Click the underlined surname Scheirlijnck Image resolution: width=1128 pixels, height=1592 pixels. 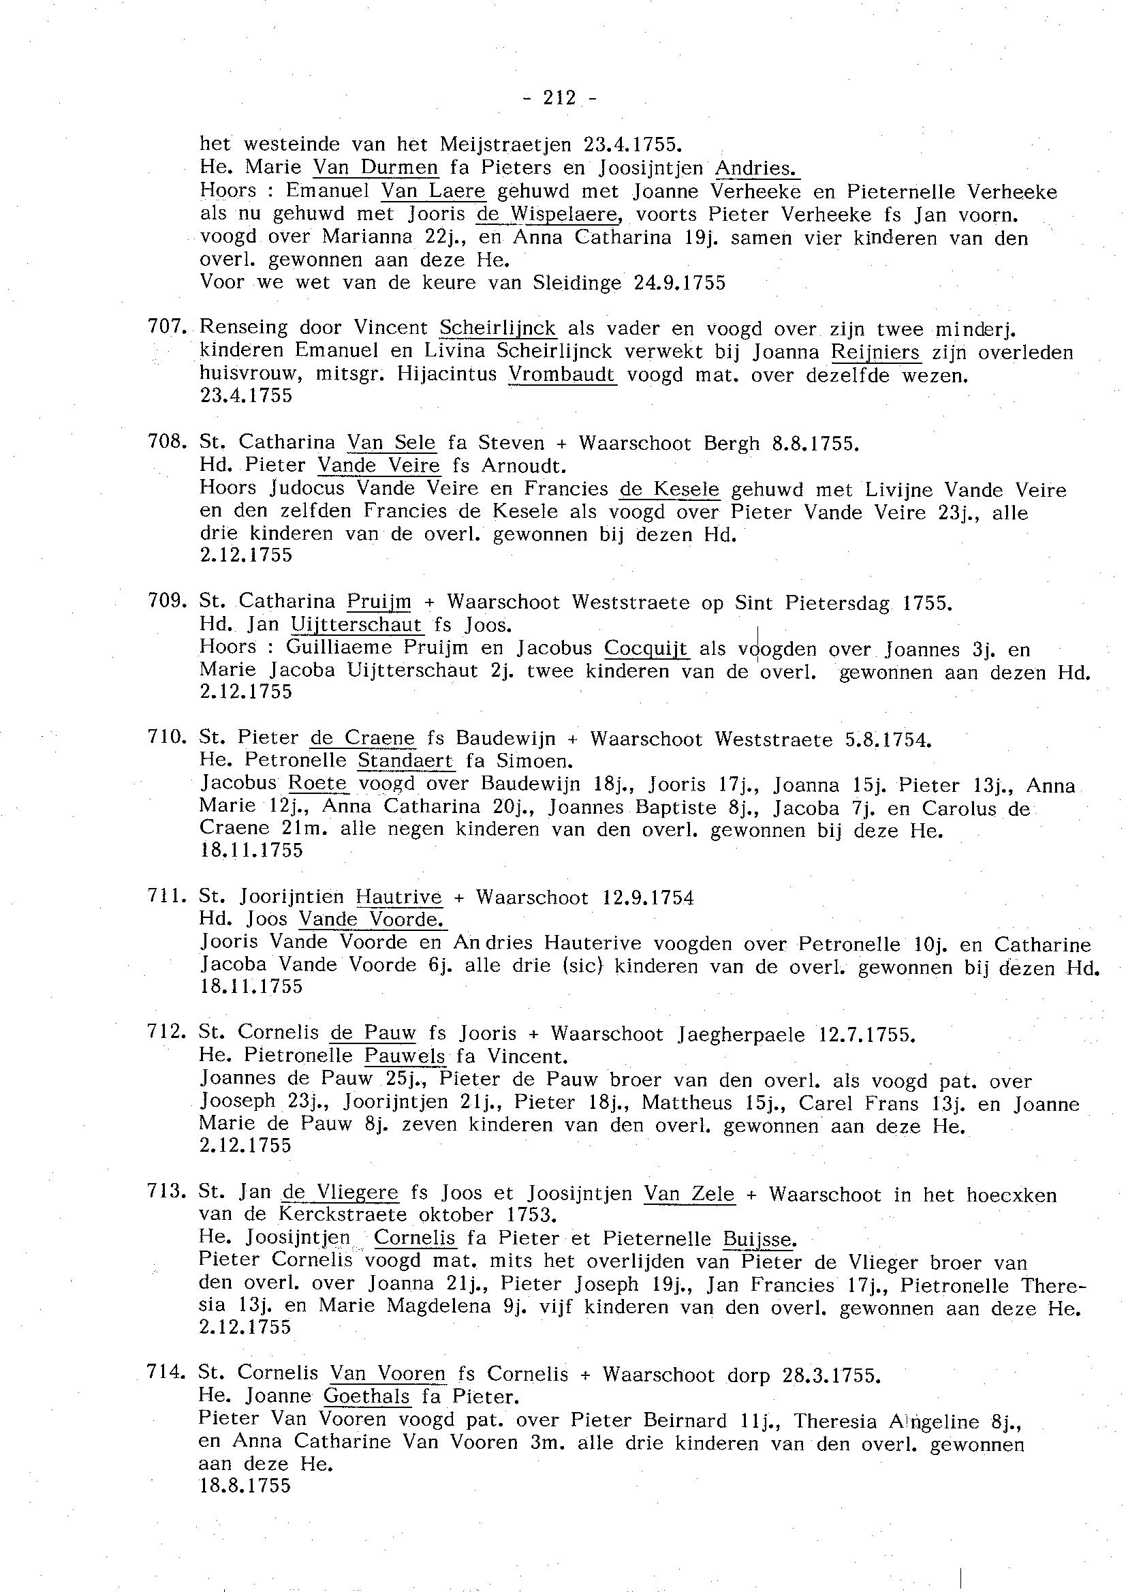[x=498, y=328]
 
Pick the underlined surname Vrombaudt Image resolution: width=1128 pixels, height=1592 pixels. [x=562, y=376]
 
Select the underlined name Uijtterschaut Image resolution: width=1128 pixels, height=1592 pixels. [x=356, y=625]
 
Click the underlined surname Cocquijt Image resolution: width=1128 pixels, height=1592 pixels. [x=646, y=648]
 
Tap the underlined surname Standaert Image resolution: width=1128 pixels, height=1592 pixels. [x=406, y=760]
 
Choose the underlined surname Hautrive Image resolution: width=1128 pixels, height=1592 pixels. [x=398, y=898]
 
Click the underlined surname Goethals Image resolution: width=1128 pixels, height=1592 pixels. [x=367, y=1396]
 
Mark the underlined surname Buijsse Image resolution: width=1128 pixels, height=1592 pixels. [x=759, y=1238]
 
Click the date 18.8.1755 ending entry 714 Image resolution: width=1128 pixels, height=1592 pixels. [x=245, y=1486]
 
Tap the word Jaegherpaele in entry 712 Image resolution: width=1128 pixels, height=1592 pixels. [x=741, y=1034]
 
